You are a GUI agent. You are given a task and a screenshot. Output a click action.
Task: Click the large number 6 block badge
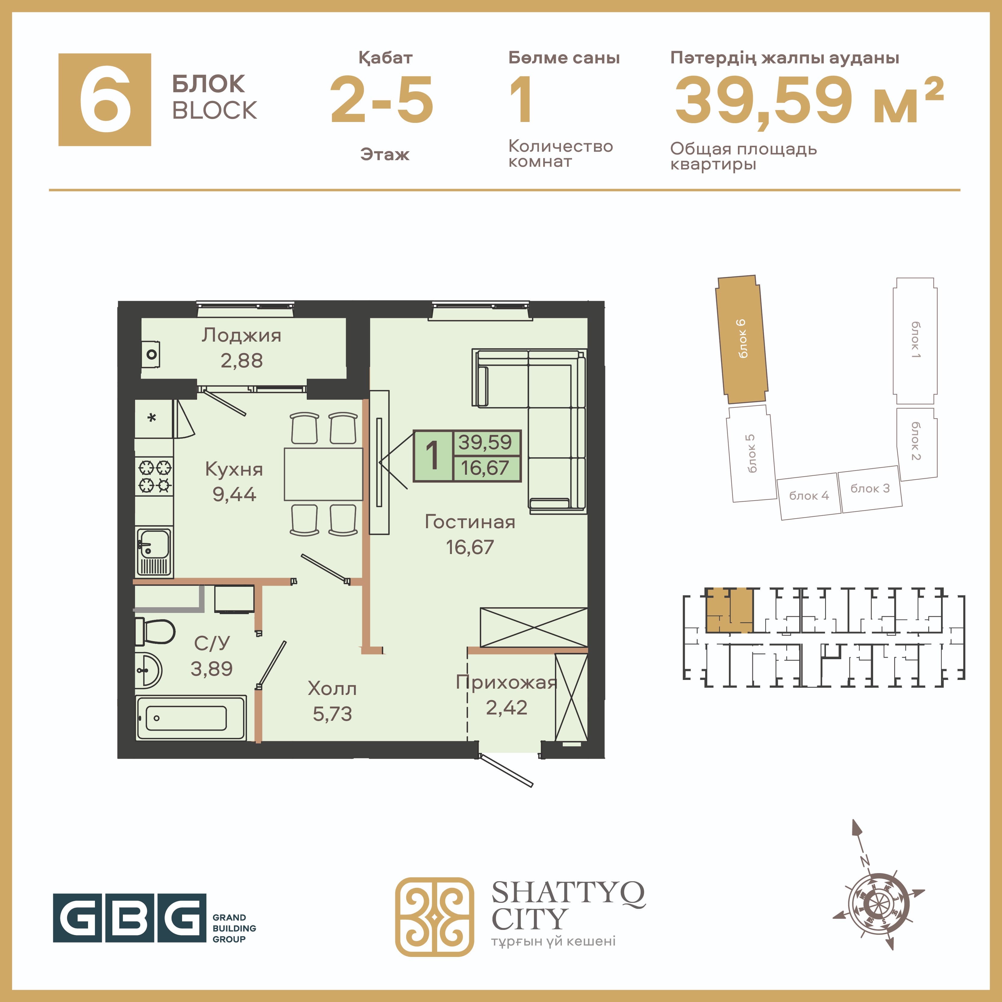click(x=105, y=99)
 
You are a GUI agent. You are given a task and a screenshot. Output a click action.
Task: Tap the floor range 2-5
click(x=382, y=100)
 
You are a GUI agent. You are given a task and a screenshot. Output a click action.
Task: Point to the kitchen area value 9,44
click(x=234, y=494)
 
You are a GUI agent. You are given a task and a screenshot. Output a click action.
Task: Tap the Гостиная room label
click(x=470, y=522)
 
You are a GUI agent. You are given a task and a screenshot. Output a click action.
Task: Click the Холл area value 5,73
click(x=332, y=714)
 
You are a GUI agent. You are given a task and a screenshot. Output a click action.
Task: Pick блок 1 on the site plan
click(x=915, y=341)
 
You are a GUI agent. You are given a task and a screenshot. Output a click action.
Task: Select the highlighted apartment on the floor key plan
click(x=729, y=610)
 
